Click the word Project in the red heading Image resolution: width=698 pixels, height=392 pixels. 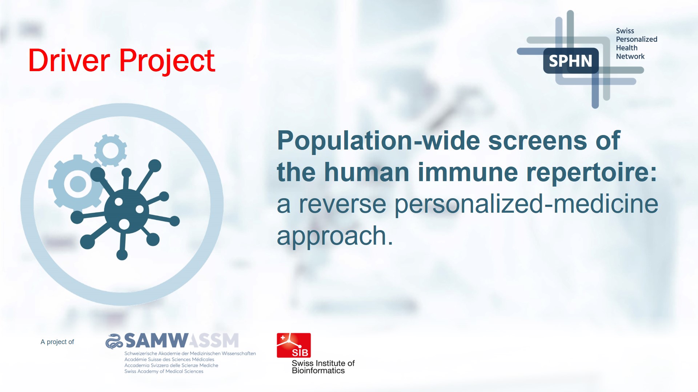coord(167,61)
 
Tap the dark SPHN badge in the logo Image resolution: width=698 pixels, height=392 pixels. coord(570,61)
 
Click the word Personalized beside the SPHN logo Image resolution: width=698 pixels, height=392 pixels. coord(636,39)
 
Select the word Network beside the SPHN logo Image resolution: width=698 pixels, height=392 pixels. coord(630,56)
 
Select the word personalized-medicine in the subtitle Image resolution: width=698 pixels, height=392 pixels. coord(526,204)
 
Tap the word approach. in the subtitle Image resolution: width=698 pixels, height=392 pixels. coord(335,236)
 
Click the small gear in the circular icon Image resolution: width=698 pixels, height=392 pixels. coord(111,150)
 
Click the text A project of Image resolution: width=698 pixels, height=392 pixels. coord(57,342)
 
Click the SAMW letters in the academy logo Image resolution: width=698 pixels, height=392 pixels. coord(156,341)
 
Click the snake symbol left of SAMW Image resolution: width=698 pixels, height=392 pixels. coord(114,341)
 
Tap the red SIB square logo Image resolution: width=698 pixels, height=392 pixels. coord(294,345)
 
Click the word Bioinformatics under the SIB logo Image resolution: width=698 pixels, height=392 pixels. coord(318,371)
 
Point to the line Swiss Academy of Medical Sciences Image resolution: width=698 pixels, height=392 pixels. coord(164,371)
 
